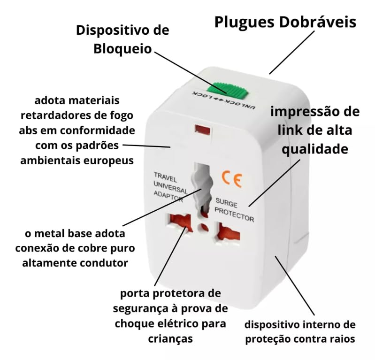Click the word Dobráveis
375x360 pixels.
point(319,22)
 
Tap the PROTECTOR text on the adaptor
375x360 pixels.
point(235,215)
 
